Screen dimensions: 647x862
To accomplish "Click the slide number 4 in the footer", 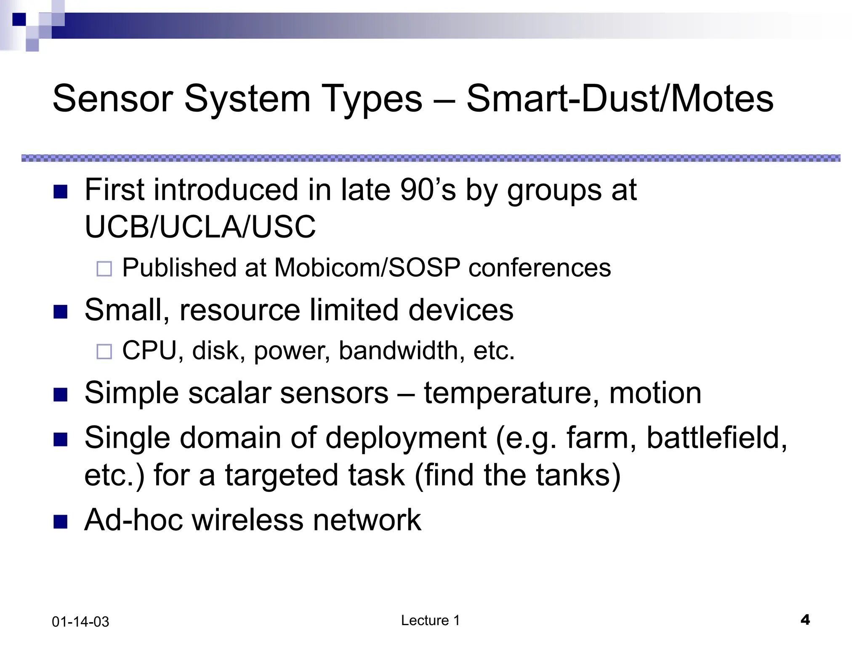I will click(805, 620).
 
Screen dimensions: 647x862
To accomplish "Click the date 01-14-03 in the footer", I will click(80, 622).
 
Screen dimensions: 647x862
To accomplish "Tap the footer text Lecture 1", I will click(430, 620).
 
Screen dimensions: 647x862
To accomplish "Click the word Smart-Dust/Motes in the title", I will click(620, 99).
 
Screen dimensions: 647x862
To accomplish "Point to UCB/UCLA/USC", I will click(200, 227).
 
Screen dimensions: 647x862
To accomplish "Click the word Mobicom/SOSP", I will click(367, 267).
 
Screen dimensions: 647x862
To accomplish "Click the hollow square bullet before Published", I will click(104, 269).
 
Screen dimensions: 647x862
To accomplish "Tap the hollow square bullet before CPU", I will click(104, 351).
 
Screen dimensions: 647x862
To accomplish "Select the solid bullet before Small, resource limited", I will click(61, 312).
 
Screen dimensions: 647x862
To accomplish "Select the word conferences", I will click(540, 267).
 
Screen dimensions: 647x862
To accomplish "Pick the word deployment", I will click(406, 438).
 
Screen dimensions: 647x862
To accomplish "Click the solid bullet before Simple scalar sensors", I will click(61, 395).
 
